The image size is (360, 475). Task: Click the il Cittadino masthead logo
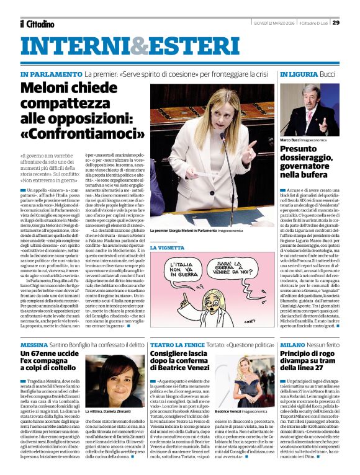(37, 24)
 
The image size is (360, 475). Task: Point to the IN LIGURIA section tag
(299, 74)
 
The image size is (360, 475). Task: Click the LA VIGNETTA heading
(168, 247)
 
